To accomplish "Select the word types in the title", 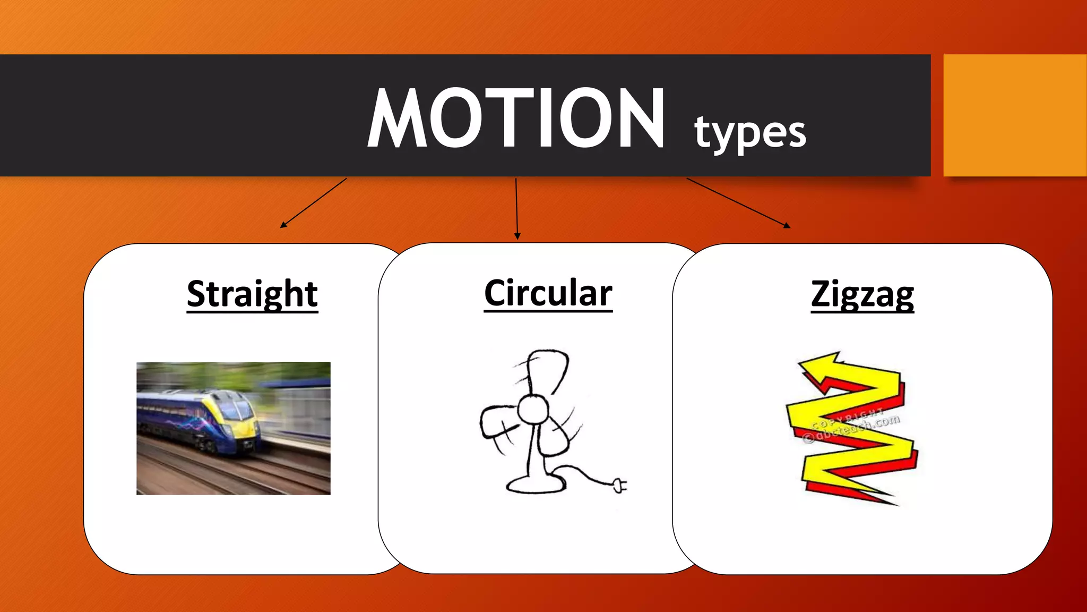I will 750,132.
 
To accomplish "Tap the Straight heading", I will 252,294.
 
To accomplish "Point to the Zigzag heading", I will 862,294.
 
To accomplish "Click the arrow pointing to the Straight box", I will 313,202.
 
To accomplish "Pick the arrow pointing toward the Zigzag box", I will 738,202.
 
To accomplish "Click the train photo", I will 234,428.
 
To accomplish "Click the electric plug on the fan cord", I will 619,484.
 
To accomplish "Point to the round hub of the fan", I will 532,410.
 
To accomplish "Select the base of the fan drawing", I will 535,484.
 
